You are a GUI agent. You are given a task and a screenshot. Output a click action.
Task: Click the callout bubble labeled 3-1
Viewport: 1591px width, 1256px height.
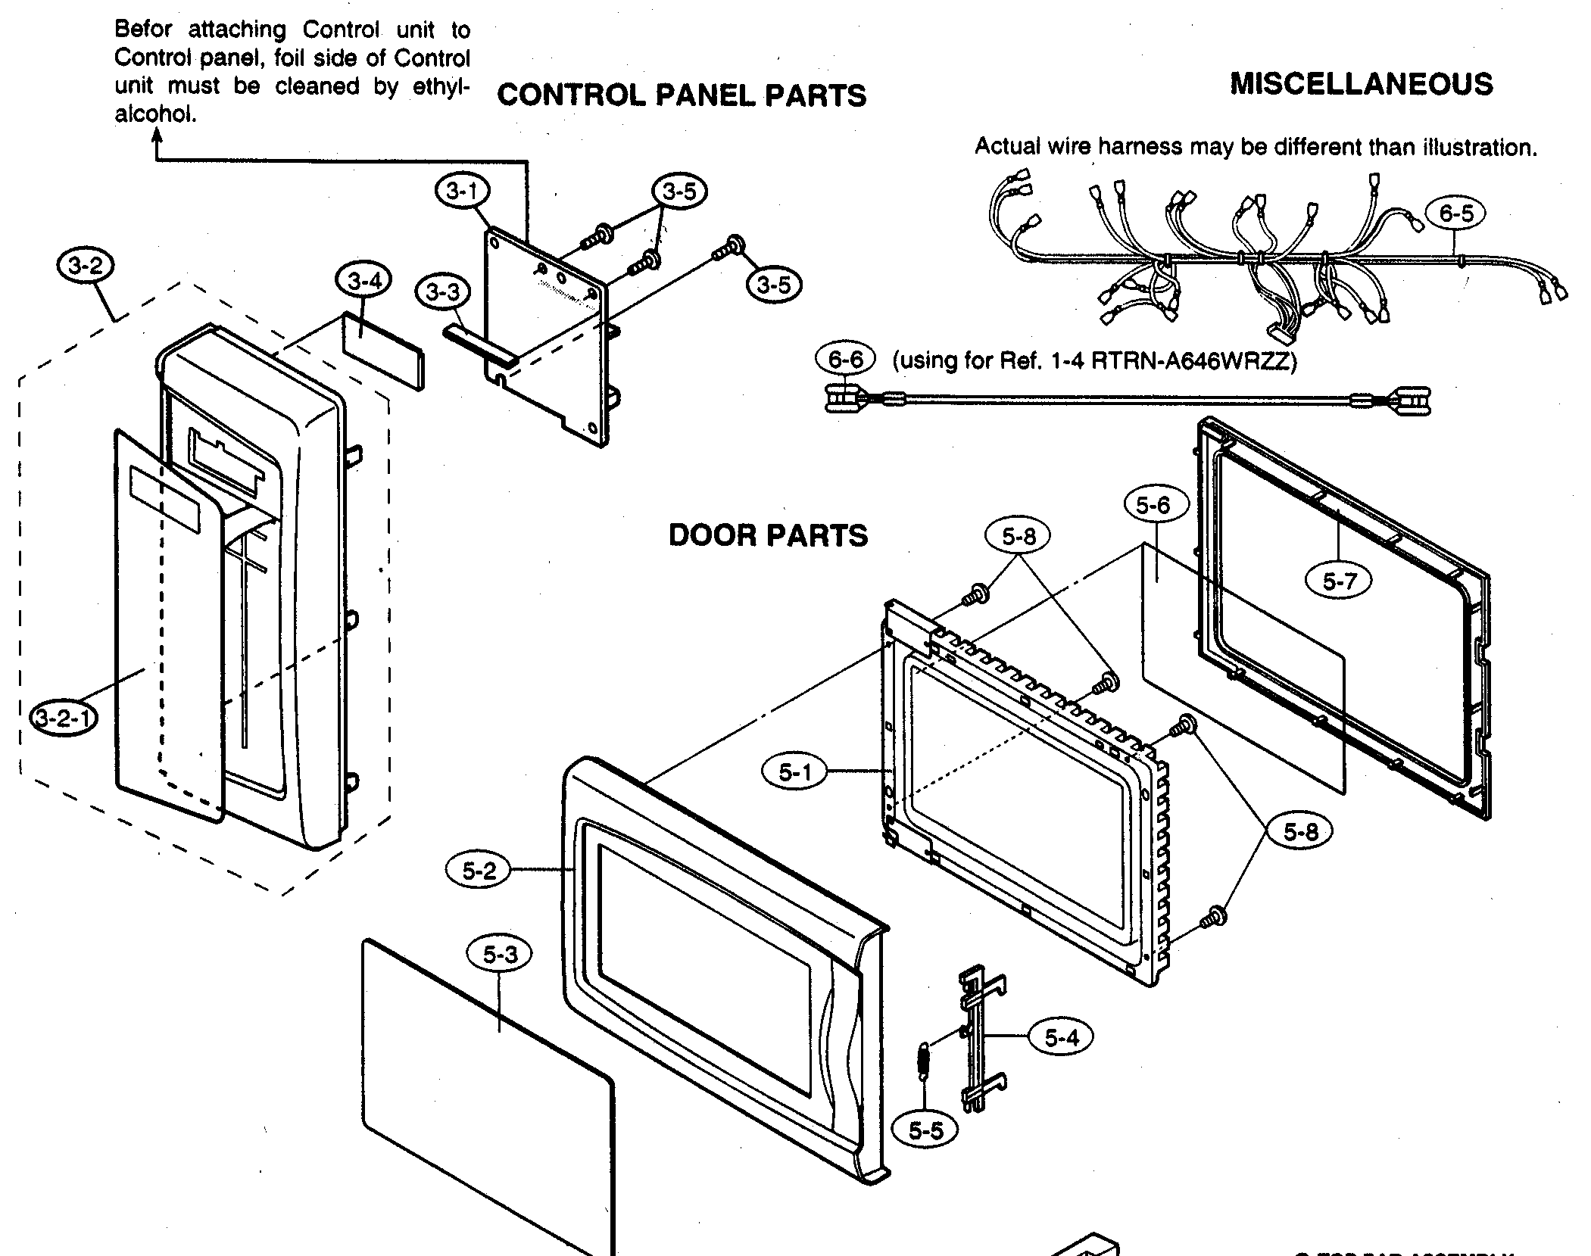[x=463, y=191]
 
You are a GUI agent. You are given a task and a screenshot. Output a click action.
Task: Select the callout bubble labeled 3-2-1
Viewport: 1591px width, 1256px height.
[x=64, y=718]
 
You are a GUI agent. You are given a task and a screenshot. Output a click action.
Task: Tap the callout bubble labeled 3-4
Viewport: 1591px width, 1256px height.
[x=364, y=282]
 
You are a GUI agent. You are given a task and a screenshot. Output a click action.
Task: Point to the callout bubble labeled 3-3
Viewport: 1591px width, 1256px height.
[x=442, y=291]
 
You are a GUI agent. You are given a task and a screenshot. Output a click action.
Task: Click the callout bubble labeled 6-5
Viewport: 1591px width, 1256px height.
[x=1456, y=214]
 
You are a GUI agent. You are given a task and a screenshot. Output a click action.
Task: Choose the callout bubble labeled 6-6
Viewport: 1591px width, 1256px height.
[x=845, y=359]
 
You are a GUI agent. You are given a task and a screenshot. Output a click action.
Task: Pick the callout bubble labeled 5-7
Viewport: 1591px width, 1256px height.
[x=1339, y=581]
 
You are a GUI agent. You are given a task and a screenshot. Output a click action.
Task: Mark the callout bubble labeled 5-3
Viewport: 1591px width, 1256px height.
[x=500, y=955]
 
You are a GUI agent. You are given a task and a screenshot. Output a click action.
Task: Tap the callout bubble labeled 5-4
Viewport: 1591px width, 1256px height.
[x=1061, y=1038]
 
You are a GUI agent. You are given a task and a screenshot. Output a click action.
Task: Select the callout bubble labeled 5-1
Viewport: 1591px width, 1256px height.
[x=794, y=772]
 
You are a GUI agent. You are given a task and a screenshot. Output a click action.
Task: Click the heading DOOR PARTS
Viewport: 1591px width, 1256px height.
[x=768, y=536]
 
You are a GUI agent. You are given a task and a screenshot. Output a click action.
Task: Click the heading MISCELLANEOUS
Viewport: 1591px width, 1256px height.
[x=1361, y=83]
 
